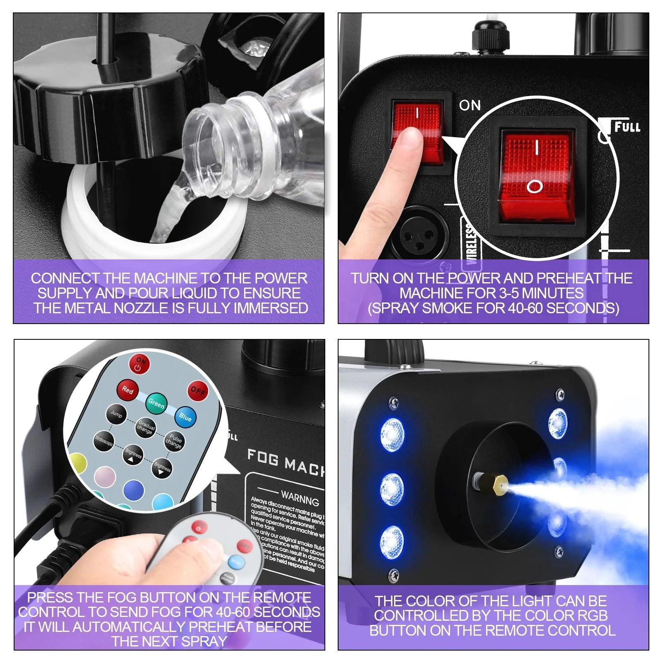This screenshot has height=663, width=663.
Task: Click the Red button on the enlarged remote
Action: [127, 390]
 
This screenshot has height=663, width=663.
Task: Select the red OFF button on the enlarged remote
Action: [197, 391]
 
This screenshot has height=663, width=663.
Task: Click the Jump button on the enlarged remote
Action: [116, 414]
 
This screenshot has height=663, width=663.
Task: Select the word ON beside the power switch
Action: [469, 106]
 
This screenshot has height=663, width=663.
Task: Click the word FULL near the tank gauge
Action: [627, 127]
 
